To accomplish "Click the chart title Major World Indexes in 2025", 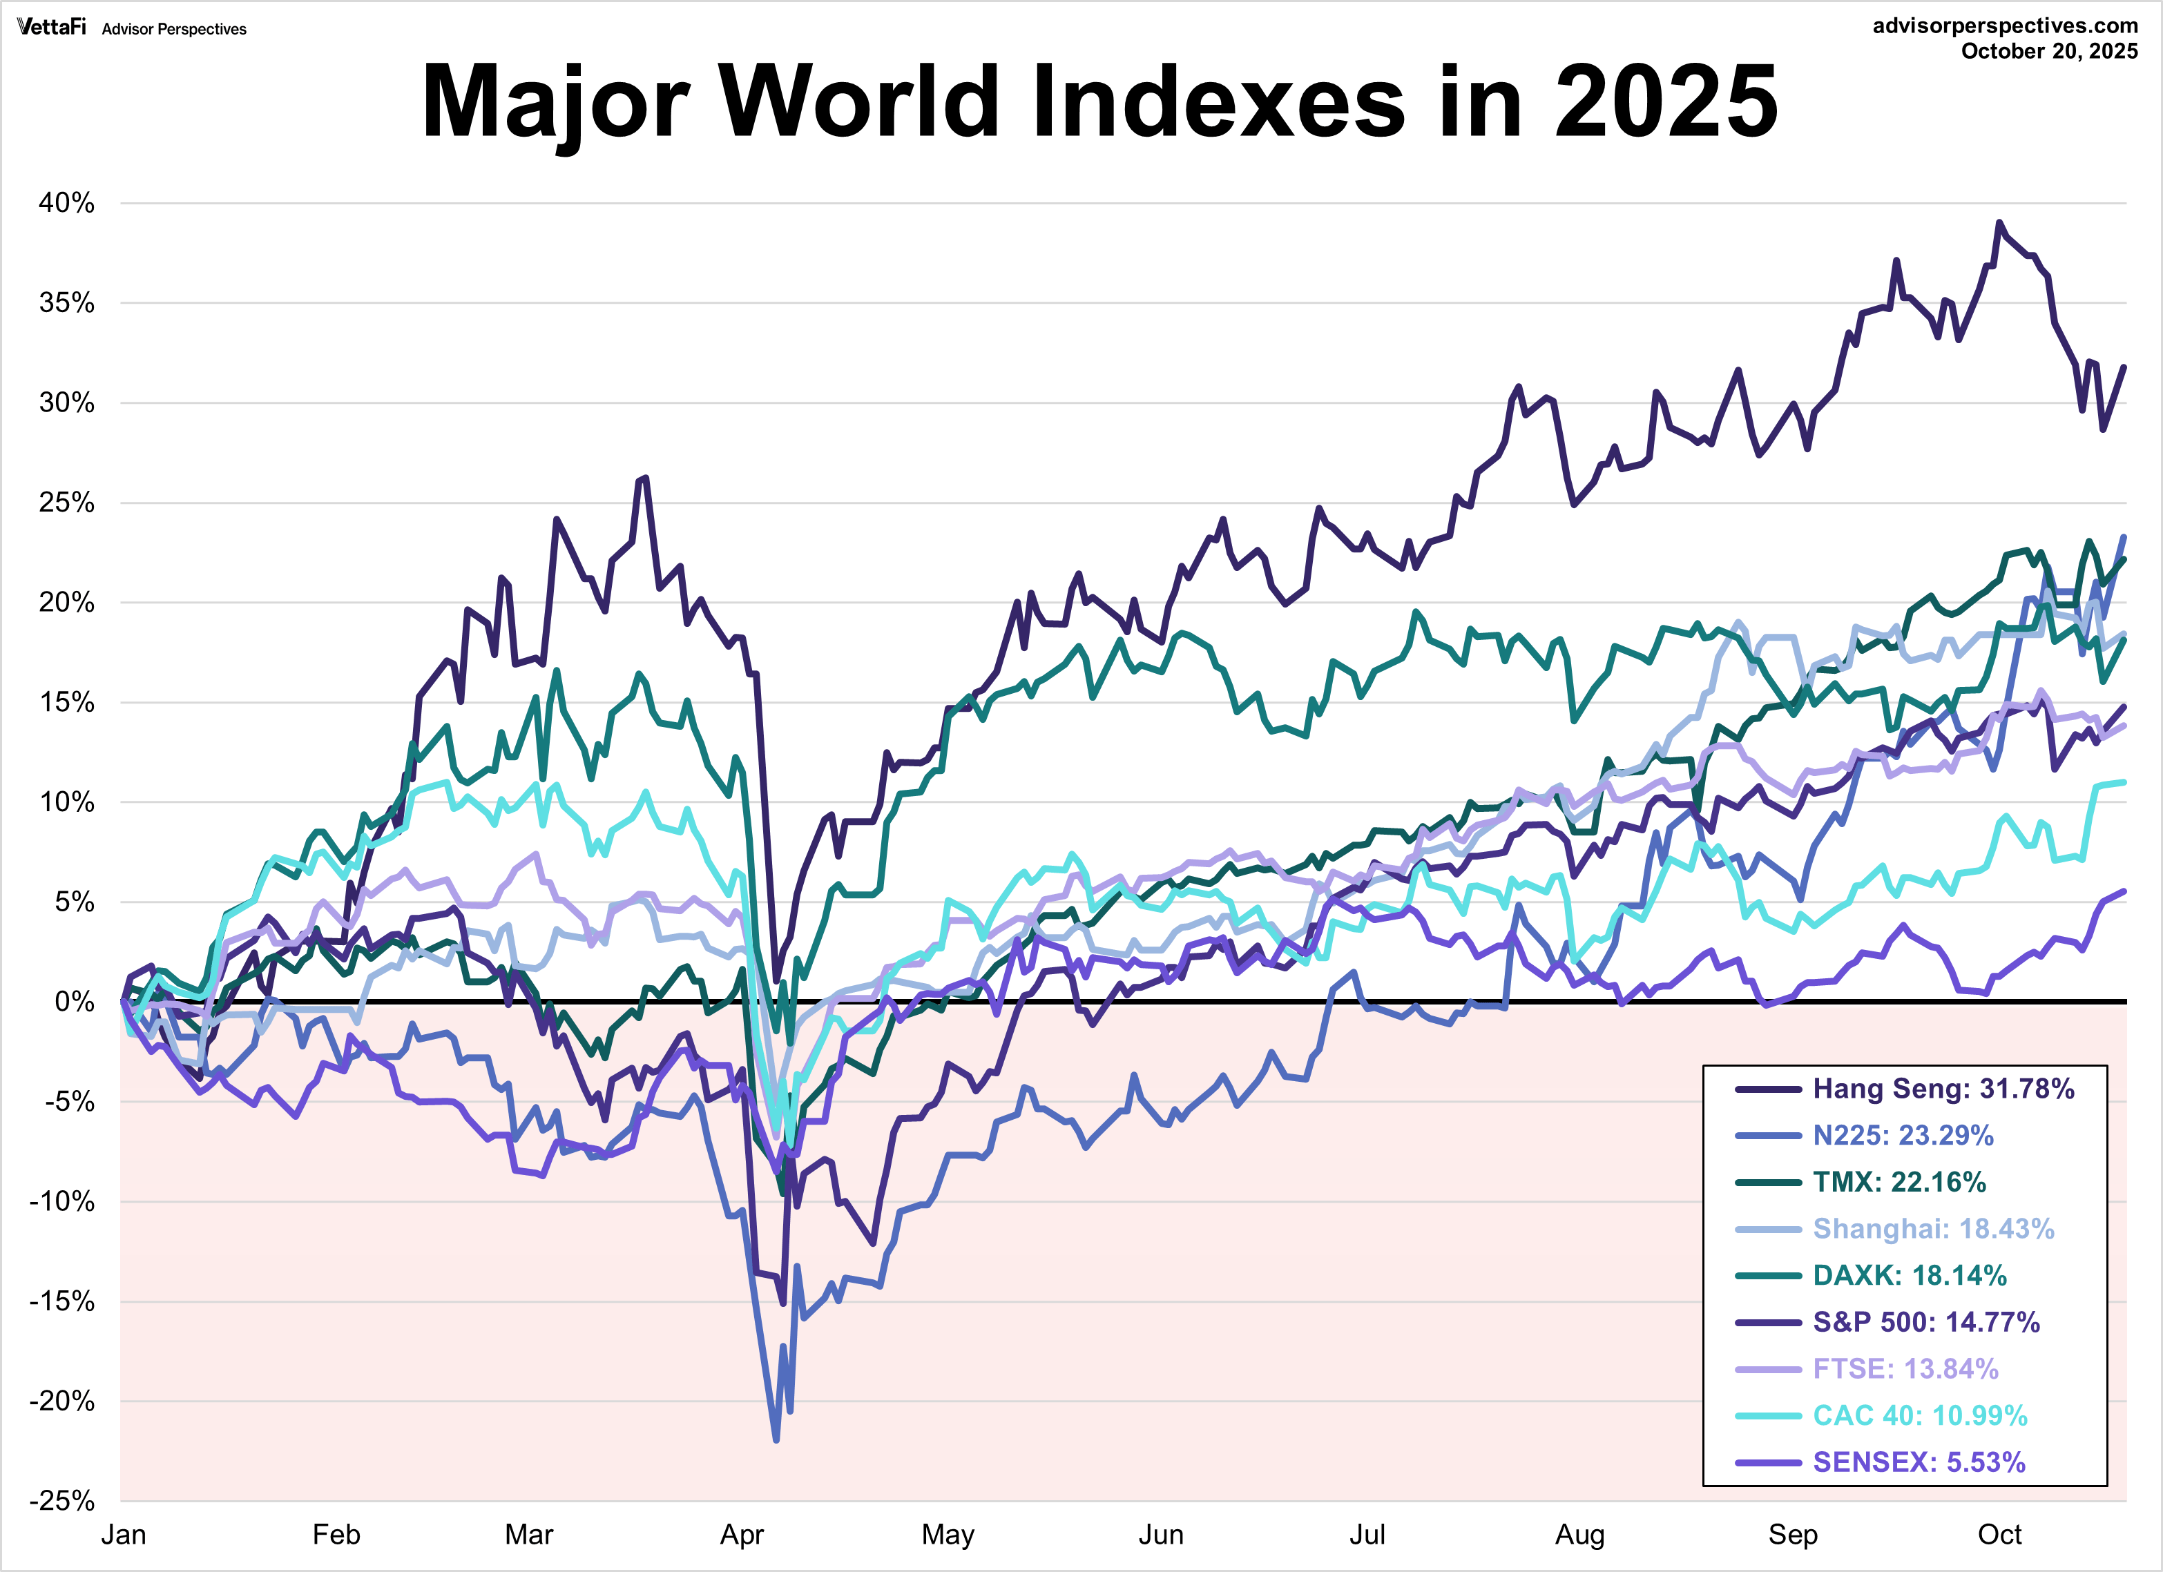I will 1099,101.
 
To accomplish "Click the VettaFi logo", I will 52,27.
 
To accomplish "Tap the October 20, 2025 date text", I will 2048,52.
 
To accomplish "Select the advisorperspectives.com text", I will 2005,26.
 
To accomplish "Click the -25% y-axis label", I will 62,1500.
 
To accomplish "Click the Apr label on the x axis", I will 741,1535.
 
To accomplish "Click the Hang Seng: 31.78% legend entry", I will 1943,1089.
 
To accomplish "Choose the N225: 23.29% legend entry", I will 1902,1136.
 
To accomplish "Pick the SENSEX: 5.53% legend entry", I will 1918,1462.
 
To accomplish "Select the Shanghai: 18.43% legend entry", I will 1932,1229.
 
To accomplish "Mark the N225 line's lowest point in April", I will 776,1439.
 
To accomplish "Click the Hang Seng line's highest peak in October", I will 1999,222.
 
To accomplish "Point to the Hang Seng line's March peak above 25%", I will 646,478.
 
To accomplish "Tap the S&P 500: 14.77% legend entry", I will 1925,1322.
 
